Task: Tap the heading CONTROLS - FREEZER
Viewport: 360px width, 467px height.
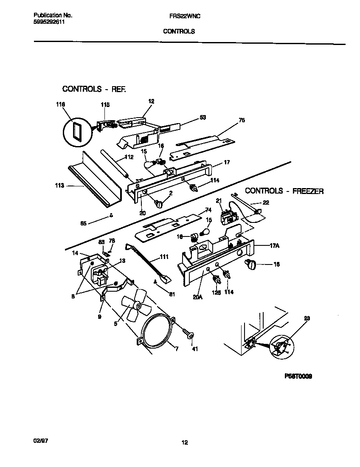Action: point(284,191)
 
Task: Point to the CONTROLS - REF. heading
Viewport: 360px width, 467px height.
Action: point(94,89)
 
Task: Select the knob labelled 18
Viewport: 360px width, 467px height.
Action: point(250,265)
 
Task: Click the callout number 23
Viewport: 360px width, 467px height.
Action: point(307,318)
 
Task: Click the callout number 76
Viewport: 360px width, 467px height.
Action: point(242,120)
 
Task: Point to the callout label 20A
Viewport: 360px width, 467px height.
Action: point(197,297)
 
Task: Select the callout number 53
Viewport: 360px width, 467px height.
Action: point(202,117)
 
